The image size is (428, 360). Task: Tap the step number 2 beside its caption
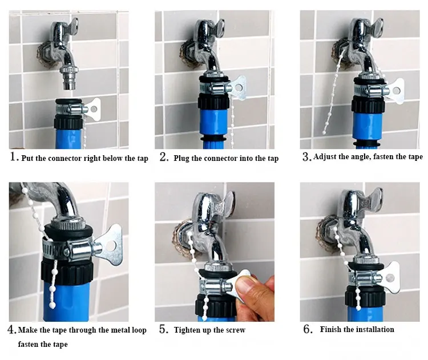coord(164,157)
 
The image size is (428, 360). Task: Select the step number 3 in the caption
coord(306,157)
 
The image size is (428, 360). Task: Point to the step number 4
coord(11,329)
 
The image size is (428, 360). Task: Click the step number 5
coord(164,329)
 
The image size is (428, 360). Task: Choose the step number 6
coord(308,329)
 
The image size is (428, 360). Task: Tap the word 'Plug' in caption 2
coord(181,159)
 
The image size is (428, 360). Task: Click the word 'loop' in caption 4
coord(139,330)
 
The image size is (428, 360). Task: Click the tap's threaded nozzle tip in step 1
coord(68,85)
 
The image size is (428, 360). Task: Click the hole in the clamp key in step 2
coord(239,88)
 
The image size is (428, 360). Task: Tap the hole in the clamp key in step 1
coord(94,109)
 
